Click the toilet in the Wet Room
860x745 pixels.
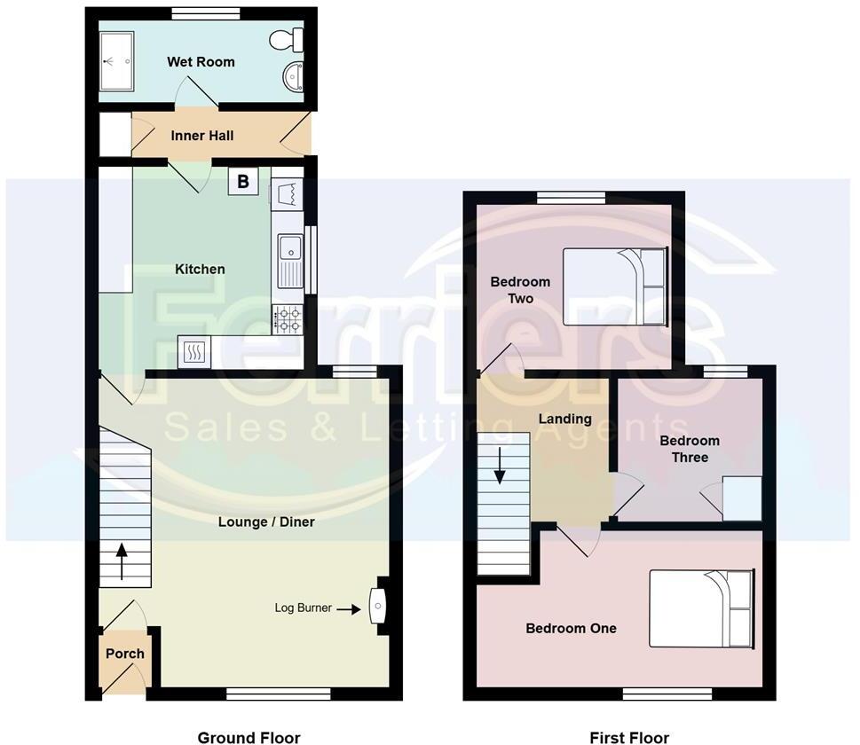point(288,38)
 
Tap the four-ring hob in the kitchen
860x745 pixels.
point(288,319)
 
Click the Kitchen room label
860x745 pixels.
point(200,269)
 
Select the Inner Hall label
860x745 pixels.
point(202,136)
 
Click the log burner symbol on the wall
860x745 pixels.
point(378,608)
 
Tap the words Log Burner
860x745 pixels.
point(303,608)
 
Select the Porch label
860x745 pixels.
point(125,654)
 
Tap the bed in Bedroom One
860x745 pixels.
point(701,608)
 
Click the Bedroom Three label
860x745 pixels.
point(690,449)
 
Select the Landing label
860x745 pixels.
point(565,419)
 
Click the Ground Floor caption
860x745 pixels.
point(249,737)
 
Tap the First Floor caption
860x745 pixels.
point(629,737)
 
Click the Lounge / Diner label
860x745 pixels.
point(266,521)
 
